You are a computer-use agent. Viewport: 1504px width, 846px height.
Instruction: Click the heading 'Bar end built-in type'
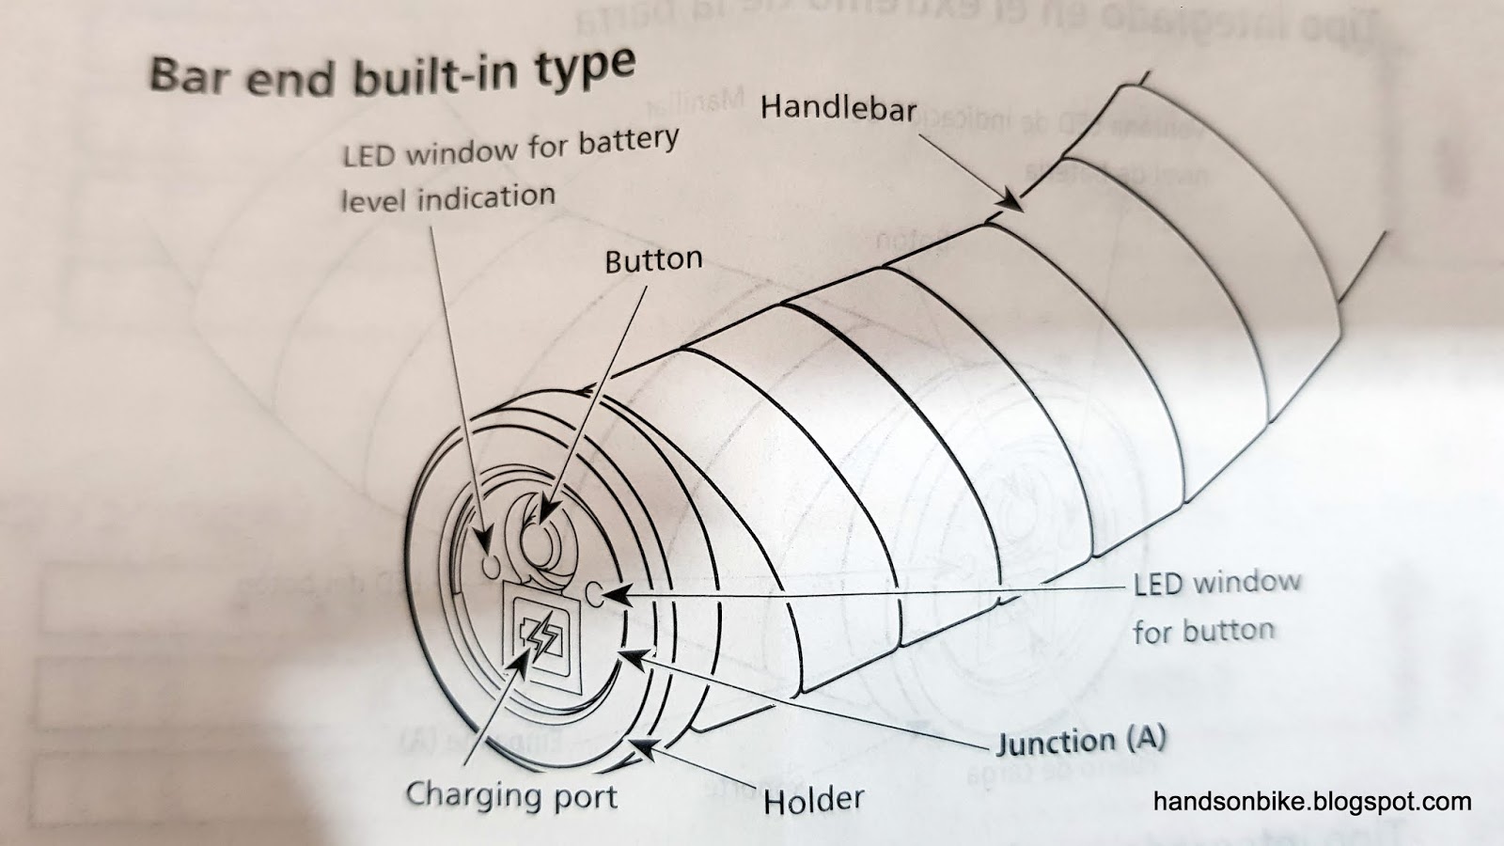coord(392,72)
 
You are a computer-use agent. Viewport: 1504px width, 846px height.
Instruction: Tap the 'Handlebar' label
coord(838,108)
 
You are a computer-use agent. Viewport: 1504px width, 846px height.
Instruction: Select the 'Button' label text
coord(653,259)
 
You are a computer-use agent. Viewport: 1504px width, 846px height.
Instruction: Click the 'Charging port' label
coord(511,795)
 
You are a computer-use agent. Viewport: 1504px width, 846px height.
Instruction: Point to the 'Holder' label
coord(813,800)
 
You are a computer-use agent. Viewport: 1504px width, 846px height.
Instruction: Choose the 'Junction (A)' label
coord(1081,742)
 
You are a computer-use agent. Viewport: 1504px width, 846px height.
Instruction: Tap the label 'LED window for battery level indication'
coord(508,172)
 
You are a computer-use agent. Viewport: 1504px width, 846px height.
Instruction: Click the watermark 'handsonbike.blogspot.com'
coord(1312,802)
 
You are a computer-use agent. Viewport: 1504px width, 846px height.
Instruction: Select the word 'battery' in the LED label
coord(628,143)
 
